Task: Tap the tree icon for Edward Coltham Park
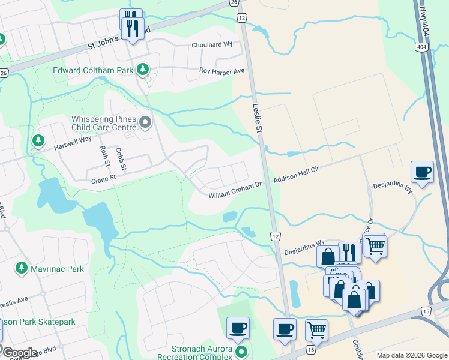(143, 70)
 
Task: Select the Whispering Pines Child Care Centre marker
(145, 124)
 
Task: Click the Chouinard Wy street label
(211, 45)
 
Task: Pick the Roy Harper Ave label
(222, 71)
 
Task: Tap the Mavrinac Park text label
(58, 269)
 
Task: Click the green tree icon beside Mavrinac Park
(22, 268)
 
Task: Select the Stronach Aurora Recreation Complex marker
(241, 351)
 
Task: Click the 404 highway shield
(420, 46)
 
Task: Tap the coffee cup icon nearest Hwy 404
(423, 172)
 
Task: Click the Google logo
(20, 353)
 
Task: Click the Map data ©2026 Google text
(411, 355)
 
